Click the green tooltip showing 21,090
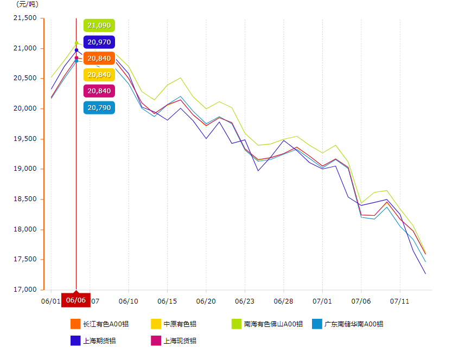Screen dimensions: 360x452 tap(99, 25)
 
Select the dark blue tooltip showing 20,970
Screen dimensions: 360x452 tap(99, 42)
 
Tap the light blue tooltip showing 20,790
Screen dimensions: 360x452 tap(99, 107)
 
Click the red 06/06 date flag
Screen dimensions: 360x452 tap(75, 299)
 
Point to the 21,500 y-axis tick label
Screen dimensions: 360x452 tap(24, 18)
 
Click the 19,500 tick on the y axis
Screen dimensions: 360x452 tap(24, 139)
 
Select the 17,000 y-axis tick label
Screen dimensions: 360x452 tap(24, 290)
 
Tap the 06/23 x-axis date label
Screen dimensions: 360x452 tap(245, 300)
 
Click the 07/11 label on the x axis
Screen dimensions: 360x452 tap(400, 300)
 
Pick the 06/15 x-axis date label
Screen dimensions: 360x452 tap(167, 300)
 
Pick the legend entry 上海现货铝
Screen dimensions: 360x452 tap(173, 341)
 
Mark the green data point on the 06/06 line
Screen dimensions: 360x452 tap(76, 43)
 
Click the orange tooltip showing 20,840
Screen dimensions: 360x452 tap(99, 58)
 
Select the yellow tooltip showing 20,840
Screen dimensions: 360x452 tap(99, 74)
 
